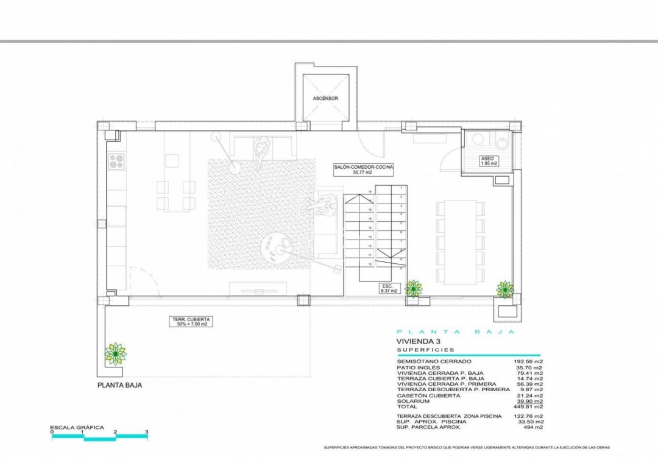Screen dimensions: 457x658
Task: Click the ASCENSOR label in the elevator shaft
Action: (x=325, y=98)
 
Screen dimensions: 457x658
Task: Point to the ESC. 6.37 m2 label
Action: (x=389, y=288)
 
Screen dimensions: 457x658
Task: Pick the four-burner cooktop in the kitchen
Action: (x=116, y=161)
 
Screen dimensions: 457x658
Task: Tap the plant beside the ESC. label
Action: (x=414, y=288)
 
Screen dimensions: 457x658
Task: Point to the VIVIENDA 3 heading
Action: (x=418, y=341)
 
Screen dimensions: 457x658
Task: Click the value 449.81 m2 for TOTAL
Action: (x=529, y=406)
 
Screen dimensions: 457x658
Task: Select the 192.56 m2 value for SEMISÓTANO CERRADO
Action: (x=529, y=362)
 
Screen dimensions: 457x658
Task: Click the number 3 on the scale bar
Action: (x=147, y=431)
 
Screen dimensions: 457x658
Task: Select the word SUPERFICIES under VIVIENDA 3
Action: (x=426, y=350)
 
